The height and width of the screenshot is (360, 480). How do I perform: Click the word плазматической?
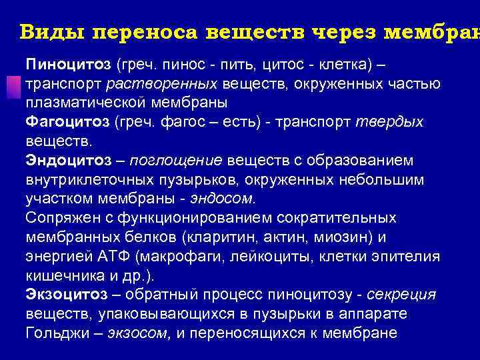(79, 103)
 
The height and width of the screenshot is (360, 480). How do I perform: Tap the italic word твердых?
(399, 123)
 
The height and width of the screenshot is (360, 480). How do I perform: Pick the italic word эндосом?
(223, 199)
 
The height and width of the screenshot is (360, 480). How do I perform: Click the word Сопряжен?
(59, 218)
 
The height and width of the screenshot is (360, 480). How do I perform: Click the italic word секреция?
(404, 295)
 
